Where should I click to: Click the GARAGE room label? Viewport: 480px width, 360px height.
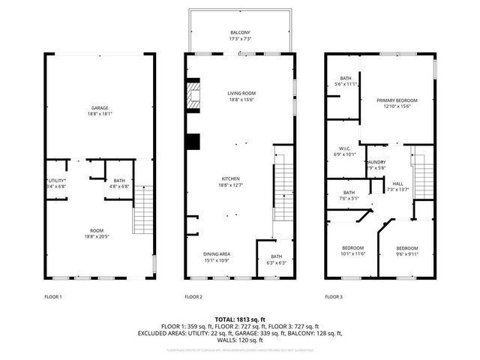[x=94, y=108]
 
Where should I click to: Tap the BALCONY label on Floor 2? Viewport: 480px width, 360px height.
[x=240, y=32]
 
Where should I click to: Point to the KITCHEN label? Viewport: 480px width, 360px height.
[x=230, y=178]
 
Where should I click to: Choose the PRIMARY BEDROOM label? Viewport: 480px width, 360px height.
[x=397, y=100]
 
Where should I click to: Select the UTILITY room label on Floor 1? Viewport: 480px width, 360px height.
[x=57, y=181]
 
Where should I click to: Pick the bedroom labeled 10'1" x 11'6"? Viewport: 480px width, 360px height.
[x=352, y=248]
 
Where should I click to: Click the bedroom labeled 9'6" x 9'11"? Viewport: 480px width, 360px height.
[x=407, y=248]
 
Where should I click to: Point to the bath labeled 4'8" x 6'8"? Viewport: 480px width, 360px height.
[x=119, y=181]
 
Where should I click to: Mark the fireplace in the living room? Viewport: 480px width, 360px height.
[x=193, y=95]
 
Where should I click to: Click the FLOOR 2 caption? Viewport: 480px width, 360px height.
[x=193, y=297]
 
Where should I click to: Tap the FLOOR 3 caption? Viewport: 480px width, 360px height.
[x=334, y=297]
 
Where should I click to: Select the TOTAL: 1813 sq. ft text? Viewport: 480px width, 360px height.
[x=240, y=319]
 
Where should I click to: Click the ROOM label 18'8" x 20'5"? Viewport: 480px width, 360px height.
[x=97, y=232]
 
